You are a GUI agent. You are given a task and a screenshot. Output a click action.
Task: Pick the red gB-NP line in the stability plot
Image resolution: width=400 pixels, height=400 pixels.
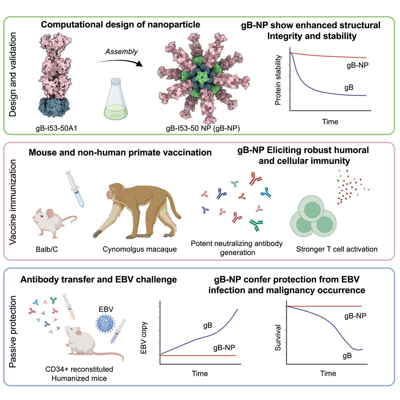[x=321, y=56]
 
